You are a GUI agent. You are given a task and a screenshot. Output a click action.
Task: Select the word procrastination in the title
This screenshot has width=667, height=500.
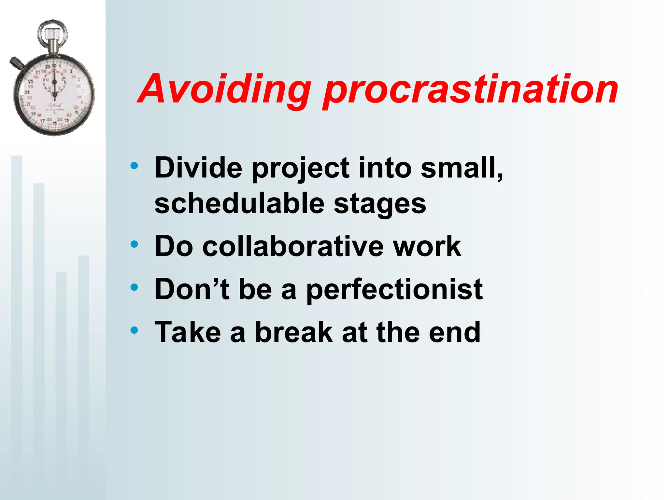tap(471, 90)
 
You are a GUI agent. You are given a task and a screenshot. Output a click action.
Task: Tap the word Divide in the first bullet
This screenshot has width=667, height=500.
tap(198, 168)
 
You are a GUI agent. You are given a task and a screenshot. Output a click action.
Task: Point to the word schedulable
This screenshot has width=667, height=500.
tap(239, 204)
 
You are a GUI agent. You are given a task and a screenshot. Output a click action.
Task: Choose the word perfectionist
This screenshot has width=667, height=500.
tap(394, 290)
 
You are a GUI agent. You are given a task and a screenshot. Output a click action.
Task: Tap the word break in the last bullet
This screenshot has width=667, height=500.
tap(294, 332)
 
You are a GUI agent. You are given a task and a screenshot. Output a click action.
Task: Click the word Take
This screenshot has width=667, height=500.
tap(188, 332)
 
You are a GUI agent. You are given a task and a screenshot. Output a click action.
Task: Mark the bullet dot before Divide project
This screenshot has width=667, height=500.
tap(134, 166)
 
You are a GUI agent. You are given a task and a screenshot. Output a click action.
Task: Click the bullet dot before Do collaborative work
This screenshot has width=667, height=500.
tap(134, 244)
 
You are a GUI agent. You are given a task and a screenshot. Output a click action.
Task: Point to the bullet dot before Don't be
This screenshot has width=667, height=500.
tap(134, 287)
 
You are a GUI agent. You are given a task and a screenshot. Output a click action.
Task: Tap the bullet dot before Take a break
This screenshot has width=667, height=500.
tap(134, 330)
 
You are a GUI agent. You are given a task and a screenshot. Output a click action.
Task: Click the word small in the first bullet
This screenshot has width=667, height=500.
tap(461, 168)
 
